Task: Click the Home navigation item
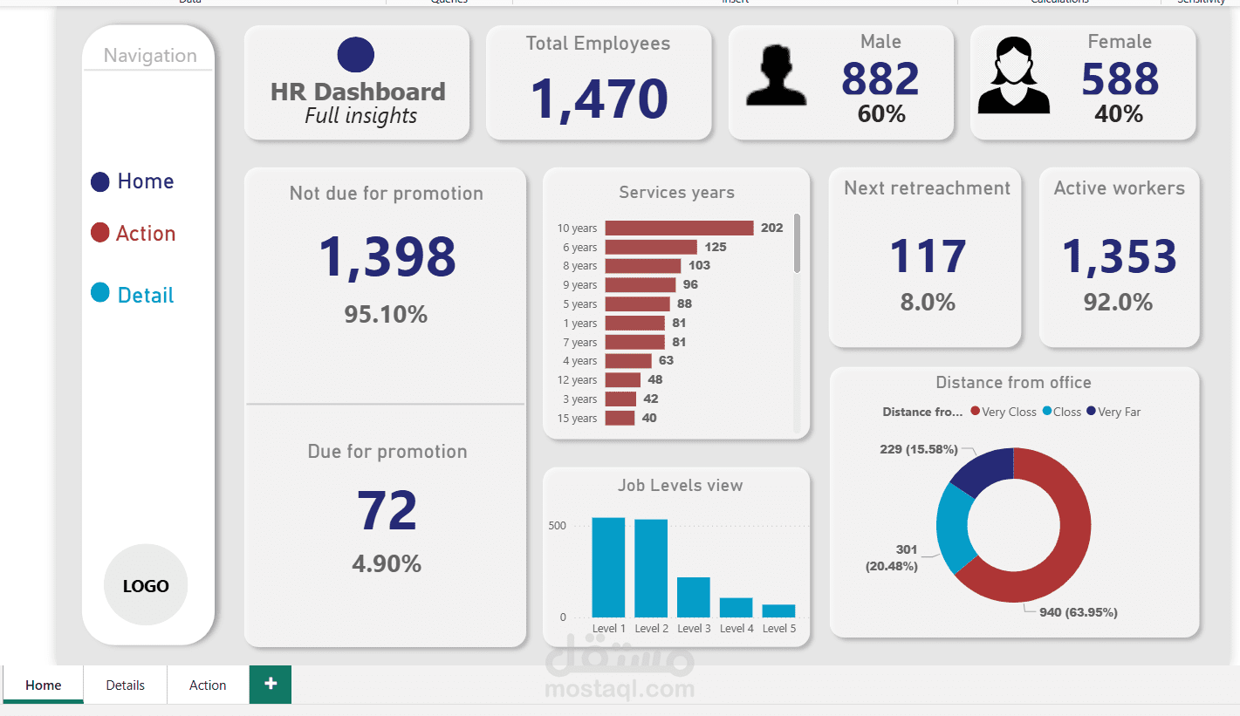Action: tap(145, 181)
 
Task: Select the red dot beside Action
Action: tap(100, 233)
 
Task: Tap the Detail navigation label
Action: tap(146, 296)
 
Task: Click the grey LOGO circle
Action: tap(146, 585)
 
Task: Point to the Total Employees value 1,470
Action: tap(599, 98)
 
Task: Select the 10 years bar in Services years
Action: tap(679, 228)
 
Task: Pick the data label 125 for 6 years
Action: tap(716, 247)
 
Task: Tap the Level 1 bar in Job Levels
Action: tap(608, 567)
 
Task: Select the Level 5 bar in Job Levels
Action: tap(778, 610)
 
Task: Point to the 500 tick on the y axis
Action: tap(557, 526)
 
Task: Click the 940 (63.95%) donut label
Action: tap(1078, 612)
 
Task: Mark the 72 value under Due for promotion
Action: tap(387, 511)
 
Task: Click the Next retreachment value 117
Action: tap(928, 257)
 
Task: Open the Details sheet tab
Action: tap(125, 685)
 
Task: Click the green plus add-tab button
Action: tap(271, 684)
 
